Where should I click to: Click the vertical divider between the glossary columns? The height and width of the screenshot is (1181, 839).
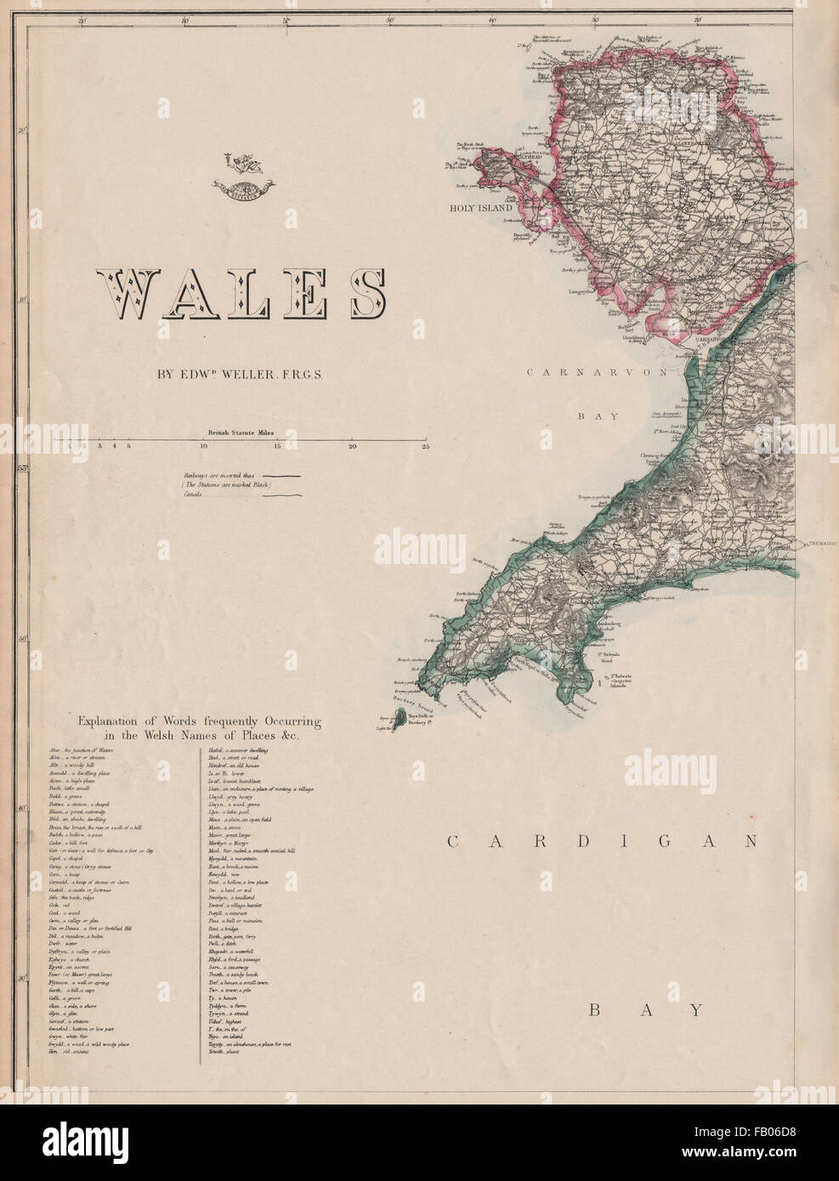pos(200,905)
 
